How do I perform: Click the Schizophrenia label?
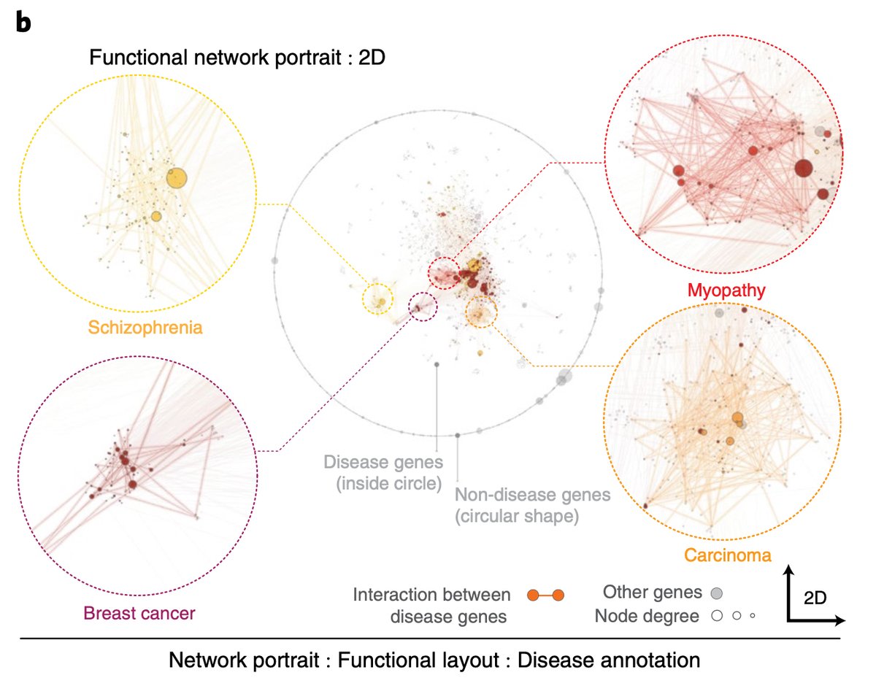[x=145, y=328]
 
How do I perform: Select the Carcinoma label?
[x=727, y=555]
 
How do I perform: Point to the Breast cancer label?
[x=139, y=613]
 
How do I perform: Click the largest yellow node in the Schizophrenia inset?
[x=176, y=177]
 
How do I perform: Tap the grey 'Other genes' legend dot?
[x=717, y=593]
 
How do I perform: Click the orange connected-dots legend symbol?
[x=546, y=596]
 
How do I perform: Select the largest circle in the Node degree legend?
[x=717, y=616]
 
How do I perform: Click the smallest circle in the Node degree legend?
[x=752, y=617]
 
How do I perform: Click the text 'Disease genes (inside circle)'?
[x=383, y=471]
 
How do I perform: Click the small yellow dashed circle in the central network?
[x=378, y=300]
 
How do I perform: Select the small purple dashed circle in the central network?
[x=423, y=307]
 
